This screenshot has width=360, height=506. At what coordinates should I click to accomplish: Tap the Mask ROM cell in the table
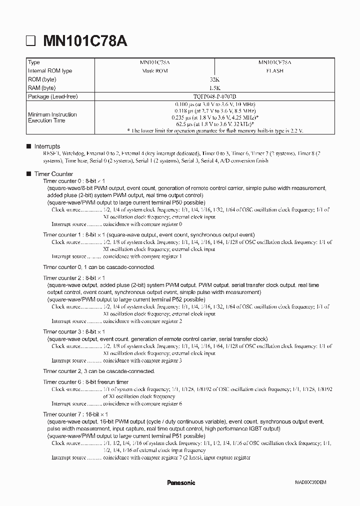[154, 71]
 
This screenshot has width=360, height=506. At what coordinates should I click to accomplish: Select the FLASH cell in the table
[274, 71]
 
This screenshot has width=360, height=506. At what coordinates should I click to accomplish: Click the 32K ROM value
[214, 79]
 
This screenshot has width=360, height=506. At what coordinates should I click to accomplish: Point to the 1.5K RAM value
[214, 88]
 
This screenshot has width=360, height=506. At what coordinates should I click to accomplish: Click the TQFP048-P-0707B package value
[214, 96]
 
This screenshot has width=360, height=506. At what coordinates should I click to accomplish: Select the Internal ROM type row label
[50, 71]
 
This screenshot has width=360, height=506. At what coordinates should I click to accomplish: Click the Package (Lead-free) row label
[53, 96]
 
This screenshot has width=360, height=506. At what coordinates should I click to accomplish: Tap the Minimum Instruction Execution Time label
[52, 117]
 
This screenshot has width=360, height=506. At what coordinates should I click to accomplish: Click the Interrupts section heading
[47, 146]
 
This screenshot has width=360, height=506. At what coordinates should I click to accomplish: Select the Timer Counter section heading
[53, 173]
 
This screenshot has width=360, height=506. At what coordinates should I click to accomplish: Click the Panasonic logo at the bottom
[180, 482]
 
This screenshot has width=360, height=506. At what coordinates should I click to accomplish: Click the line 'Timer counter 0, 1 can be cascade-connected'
[99, 267]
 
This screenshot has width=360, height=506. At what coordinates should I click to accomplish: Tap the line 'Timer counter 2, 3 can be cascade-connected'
[99, 371]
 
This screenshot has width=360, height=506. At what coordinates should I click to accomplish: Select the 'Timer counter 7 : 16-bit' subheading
[75, 414]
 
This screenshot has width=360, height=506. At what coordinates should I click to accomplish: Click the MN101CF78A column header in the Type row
[274, 62]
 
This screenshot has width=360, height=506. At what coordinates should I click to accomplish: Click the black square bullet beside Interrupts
[28, 146]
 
